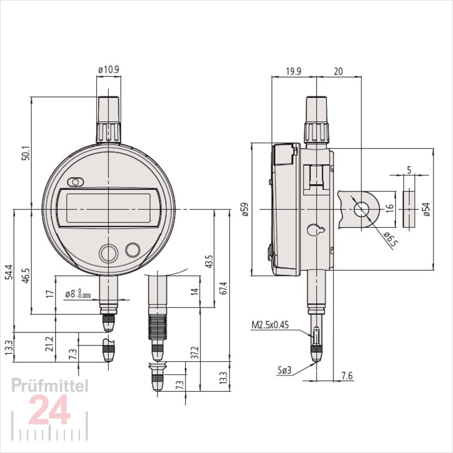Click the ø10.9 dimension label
click(108, 70)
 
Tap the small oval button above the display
click(75, 182)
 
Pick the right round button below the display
click(133, 250)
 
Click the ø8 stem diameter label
click(76, 294)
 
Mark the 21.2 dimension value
click(49, 343)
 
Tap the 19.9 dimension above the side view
click(293, 71)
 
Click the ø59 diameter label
click(245, 210)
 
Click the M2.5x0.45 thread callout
click(270, 326)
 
